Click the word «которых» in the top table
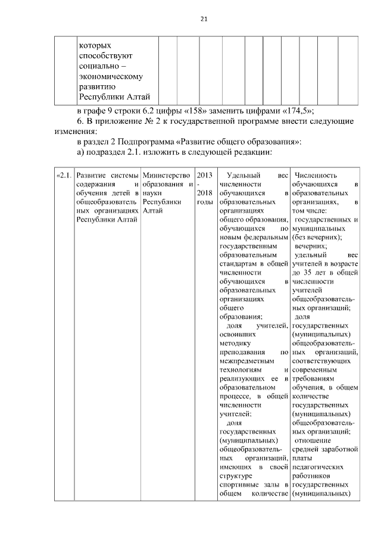95,45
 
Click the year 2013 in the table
204,176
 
